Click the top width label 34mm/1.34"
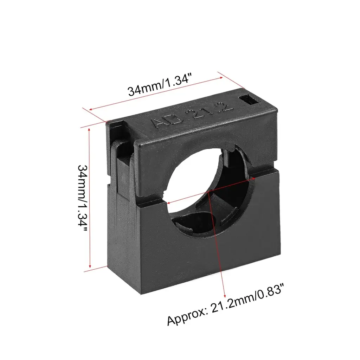click(x=160, y=84)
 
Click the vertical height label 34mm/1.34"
click(x=83, y=198)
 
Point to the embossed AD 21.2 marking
click(x=192, y=115)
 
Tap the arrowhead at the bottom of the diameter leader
click(x=225, y=296)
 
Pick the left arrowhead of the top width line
click(x=91, y=110)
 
